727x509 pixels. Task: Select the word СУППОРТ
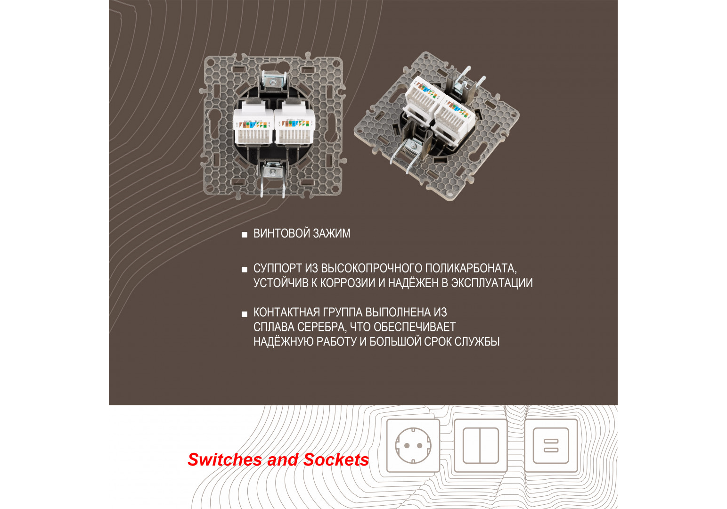(278, 269)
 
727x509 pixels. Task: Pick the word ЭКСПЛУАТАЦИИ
(492, 283)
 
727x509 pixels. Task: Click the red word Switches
(225, 460)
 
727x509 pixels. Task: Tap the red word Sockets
(336, 460)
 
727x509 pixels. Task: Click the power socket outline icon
(413, 445)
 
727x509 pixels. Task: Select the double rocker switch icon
(480, 445)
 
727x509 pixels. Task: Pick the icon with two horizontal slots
(551, 445)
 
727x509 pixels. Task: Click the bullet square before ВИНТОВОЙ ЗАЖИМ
(245, 235)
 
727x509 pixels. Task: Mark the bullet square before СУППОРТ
(245, 270)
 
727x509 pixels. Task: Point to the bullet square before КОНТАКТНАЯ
(245, 314)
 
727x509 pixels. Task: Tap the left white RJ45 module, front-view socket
(253, 125)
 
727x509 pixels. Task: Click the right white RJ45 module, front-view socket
(295, 125)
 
